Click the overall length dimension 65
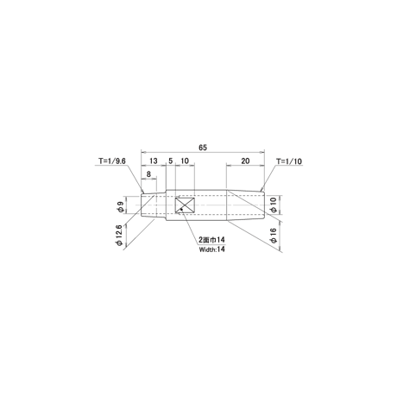pyautogui.click(x=203, y=148)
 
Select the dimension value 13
pyautogui.click(x=154, y=161)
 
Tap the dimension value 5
pyautogui.click(x=171, y=161)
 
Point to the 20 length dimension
pyautogui.click(x=245, y=161)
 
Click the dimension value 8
pyautogui.click(x=148, y=174)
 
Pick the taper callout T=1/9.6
pyautogui.click(x=112, y=161)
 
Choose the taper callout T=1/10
pyautogui.click(x=289, y=161)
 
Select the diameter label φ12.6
pyautogui.click(x=119, y=235)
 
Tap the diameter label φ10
pyautogui.click(x=274, y=205)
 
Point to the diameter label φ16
pyautogui.click(x=274, y=236)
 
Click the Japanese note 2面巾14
pyautogui.click(x=211, y=240)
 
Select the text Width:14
pyautogui.click(x=211, y=249)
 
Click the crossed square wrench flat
pyautogui.click(x=185, y=205)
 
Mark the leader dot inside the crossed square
pyautogui.click(x=181, y=209)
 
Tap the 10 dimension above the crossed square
pyautogui.click(x=185, y=161)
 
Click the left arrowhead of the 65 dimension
pyautogui.click(x=143, y=151)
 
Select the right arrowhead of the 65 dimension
pyautogui.click(x=262, y=151)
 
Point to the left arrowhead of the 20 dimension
pyautogui.click(x=229, y=165)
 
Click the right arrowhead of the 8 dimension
pyautogui.click(x=154, y=179)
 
